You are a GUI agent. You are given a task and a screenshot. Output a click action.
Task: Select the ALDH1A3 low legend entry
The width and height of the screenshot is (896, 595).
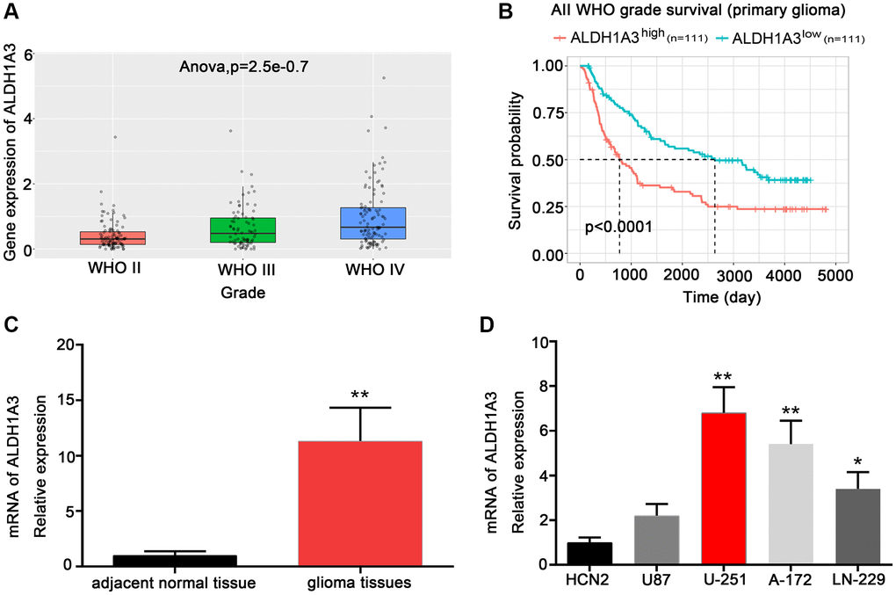point(795,38)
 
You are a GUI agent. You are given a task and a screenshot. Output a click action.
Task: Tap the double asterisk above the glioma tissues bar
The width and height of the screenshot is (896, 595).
point(360,395)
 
